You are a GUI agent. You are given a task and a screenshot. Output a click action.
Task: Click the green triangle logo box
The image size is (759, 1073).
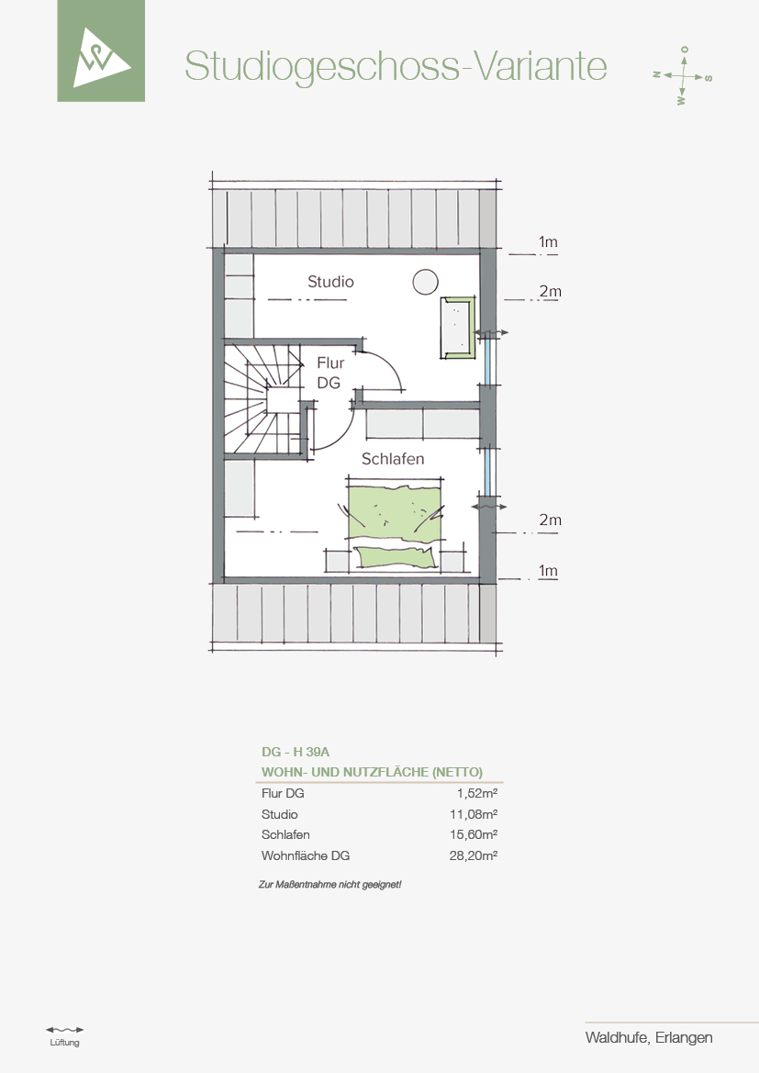coord(101,50)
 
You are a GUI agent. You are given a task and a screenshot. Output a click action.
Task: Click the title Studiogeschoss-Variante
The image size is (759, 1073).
coord(396,66)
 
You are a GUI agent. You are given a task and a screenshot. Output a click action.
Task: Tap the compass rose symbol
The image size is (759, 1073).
coord(683,75)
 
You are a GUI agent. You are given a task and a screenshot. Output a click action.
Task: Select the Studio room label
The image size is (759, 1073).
coord(330,281)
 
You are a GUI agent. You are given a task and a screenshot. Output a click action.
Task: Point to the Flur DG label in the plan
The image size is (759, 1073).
coord(329,373)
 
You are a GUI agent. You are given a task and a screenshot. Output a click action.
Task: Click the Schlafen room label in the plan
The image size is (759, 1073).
coord(393,459)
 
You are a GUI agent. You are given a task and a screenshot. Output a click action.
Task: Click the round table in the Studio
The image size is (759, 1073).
coord(425,282)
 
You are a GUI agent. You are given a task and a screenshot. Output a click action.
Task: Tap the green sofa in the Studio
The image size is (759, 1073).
coord(457,328)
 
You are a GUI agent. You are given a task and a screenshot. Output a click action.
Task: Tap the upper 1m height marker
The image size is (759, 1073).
coord(548,241)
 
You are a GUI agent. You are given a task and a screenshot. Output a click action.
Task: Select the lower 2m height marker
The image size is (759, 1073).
coord(550,520)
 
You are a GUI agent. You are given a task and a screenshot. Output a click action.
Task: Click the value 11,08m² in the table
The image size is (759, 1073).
coord(474,814)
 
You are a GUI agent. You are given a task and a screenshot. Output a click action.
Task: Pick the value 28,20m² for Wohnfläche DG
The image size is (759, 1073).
coord(474,855)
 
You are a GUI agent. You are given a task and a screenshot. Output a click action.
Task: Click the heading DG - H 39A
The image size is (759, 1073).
coord(296,752)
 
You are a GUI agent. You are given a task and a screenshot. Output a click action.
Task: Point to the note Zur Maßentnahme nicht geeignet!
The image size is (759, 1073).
coord(329,885)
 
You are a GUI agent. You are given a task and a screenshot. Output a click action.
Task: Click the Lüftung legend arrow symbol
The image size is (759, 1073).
coord(65,1029)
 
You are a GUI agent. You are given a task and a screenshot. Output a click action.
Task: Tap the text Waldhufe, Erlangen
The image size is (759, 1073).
coord(649,1037)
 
